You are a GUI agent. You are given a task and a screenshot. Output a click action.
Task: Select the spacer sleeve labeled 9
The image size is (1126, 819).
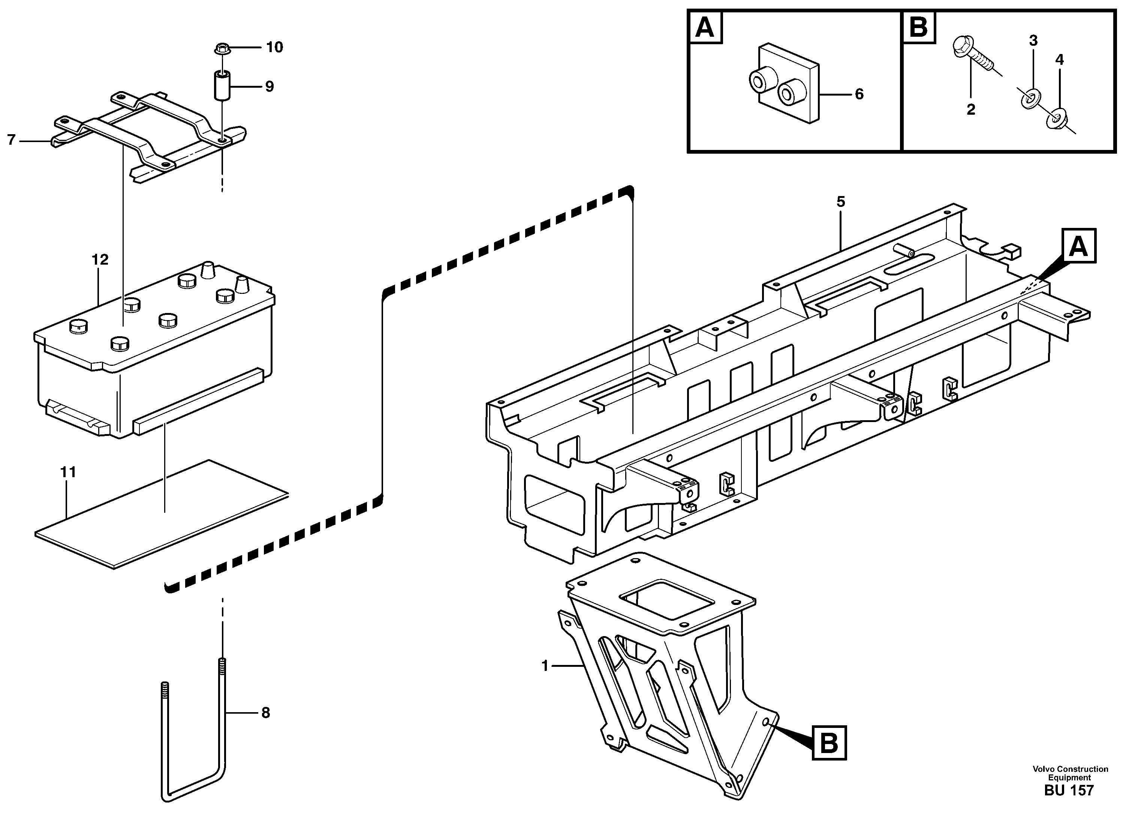tap(222, 86)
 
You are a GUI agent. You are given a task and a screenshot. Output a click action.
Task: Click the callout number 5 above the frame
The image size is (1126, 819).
tap(840, 202)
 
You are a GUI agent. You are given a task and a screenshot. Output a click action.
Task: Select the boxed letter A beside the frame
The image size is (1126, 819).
tap(1078, 246)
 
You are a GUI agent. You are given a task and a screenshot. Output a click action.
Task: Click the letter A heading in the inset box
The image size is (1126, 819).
tap(705, 28)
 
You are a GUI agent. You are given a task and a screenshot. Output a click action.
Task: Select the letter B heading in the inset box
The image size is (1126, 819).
tap(918, 28)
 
